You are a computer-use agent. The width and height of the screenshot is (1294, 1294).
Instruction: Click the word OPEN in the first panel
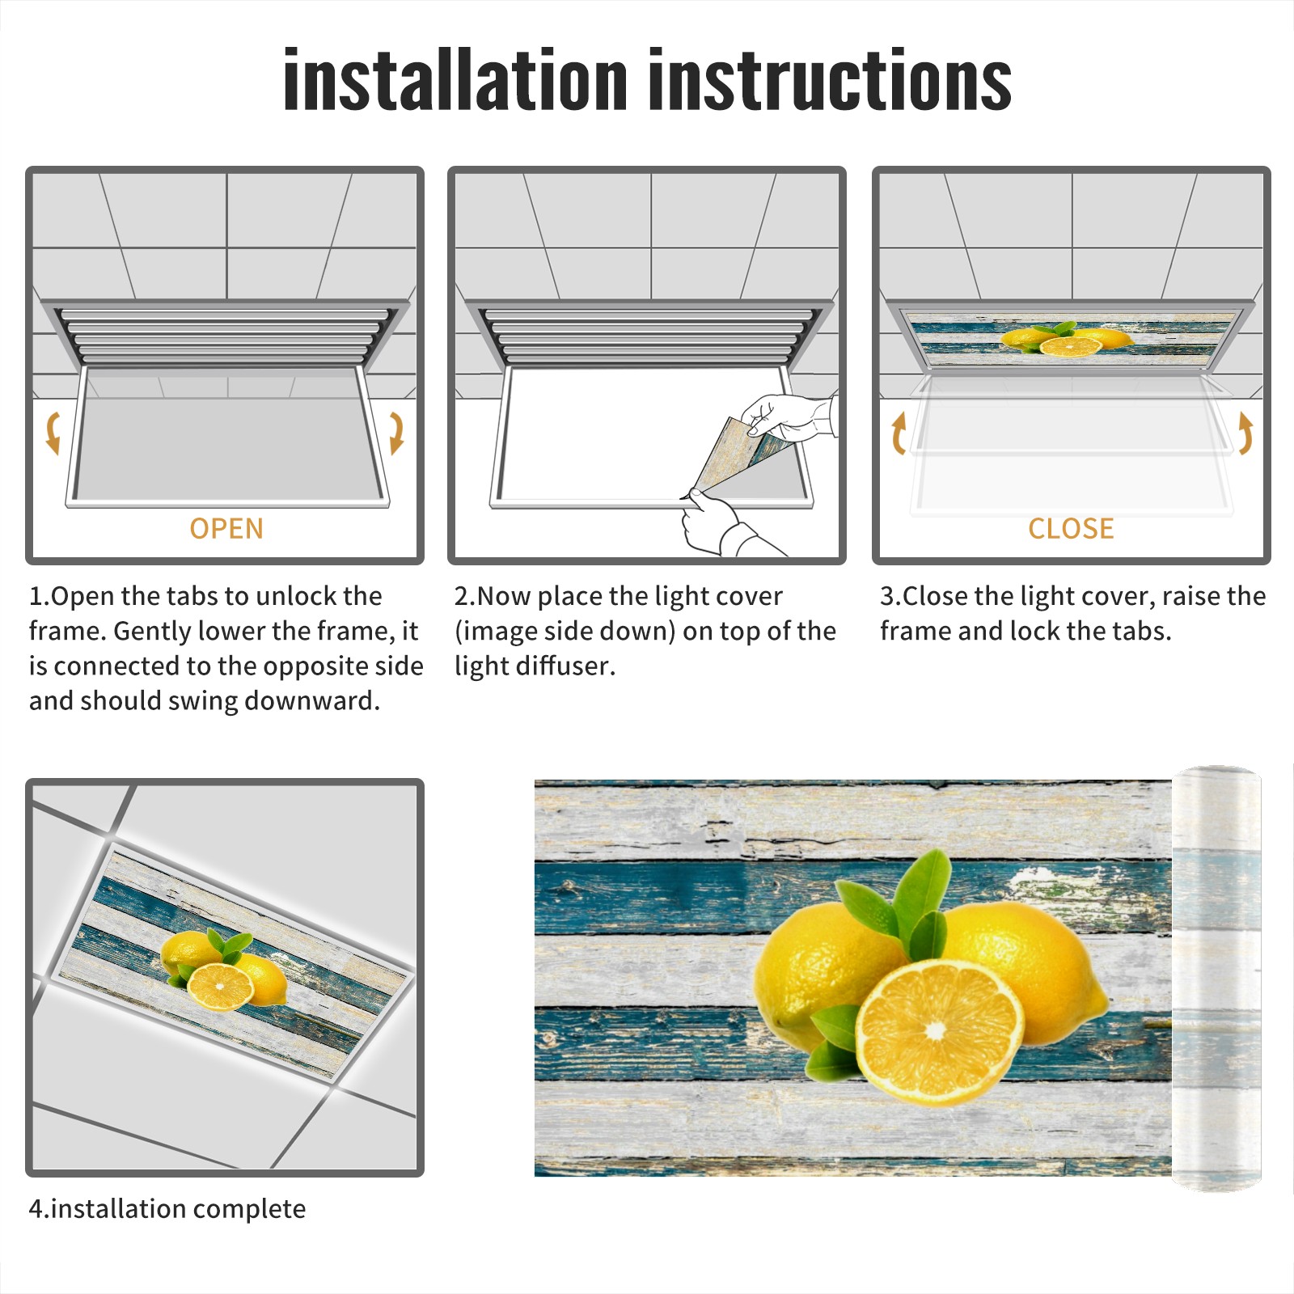click(x=226, y=528)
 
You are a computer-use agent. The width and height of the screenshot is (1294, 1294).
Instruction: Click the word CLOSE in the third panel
click(x=1071, y=528)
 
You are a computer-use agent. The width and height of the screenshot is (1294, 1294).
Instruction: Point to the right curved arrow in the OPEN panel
click(x=396, y=433)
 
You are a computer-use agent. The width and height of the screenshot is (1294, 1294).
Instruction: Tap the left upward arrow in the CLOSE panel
click(x=899, y=433)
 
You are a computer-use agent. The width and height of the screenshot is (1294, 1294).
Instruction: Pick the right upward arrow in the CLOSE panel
click(x=1245, y=433)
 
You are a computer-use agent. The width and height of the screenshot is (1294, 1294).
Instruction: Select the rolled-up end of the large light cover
click(x=1216, y=979)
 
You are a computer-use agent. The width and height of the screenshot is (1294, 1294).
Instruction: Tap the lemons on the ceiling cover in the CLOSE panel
click(x=1066, y=339)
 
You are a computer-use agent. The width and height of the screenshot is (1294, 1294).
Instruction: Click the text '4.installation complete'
click(x=167, y=1209)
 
